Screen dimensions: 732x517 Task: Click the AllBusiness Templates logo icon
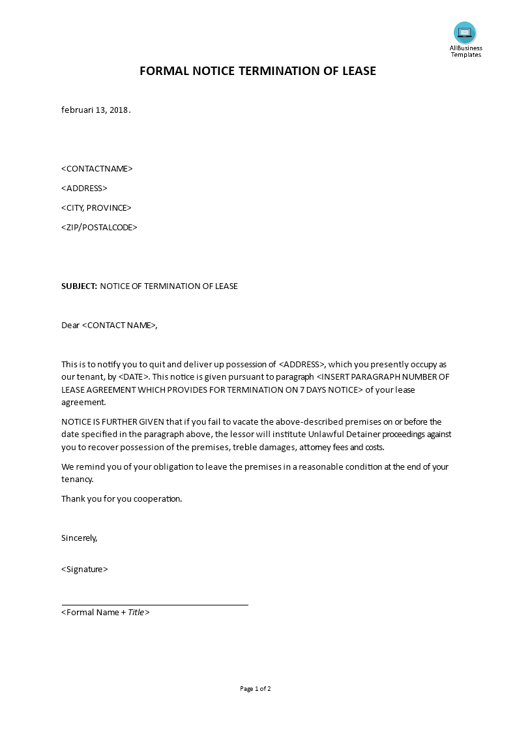(x=465, y=33)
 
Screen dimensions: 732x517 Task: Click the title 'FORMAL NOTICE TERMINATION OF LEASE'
(x=258, y=71)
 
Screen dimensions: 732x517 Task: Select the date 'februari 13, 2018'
(x=95, y=110)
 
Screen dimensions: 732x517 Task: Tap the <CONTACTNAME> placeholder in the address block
(x=97, y=168)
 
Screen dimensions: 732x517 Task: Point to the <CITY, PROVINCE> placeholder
(x=96, y=207)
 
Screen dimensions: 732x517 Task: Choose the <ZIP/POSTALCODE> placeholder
(x=99, y=227)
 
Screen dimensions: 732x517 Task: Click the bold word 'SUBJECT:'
(x=79, y=286)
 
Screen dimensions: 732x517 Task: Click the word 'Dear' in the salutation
(x=70, y=325)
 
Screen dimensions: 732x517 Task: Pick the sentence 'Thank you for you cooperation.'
(x=121, y=498)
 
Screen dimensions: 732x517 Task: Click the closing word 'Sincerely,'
(x=79, y=538)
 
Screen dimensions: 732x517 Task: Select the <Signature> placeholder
(x=85, y=569)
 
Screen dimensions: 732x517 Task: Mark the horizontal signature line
(x=155, y=605)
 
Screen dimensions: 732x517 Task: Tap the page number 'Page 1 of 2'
(x=256, y=688)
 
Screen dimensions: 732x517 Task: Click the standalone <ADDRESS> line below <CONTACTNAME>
(x=84, y=188)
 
